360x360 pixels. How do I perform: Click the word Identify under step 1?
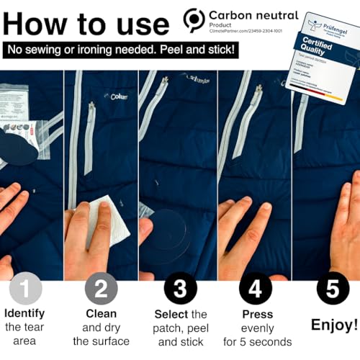coord(24,314)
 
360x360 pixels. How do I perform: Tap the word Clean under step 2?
coord(102,314)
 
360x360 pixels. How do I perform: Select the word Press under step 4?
coord(258,314)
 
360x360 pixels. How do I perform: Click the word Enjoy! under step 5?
coord(333,325)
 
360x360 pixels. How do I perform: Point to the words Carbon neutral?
coord(253,14)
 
